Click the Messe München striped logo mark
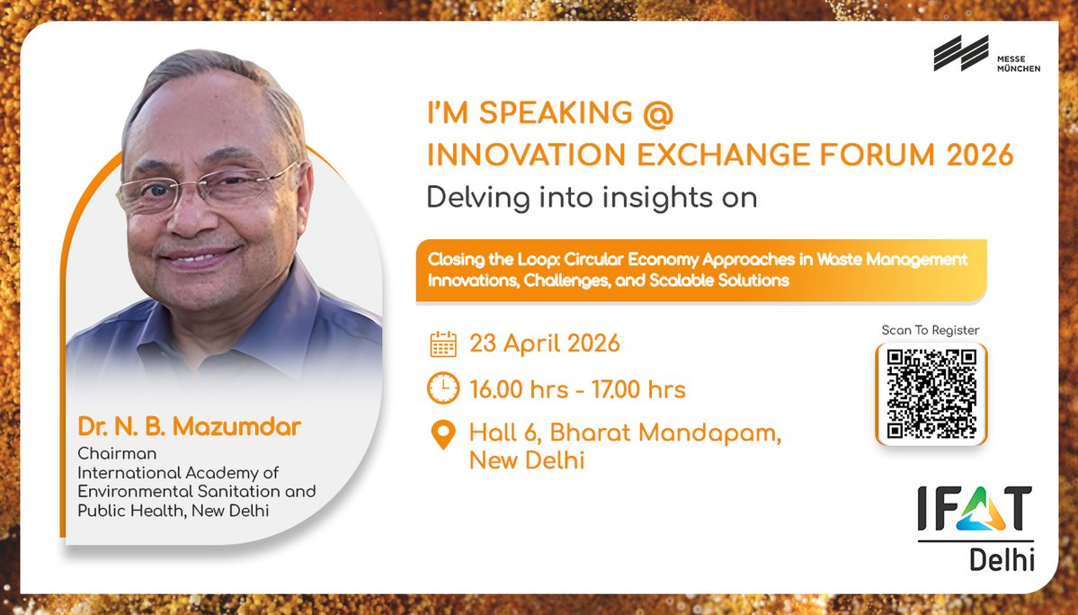[960, 53]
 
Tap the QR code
[931, 393]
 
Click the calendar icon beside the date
[443, 343]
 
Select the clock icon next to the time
[443, 388]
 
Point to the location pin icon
[443, 435]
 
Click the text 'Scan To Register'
[931, 330]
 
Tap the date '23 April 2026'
[545, 343]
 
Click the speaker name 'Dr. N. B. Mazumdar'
[188, 427]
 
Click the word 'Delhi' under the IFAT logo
[1002, 561]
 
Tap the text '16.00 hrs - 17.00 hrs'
[577, 389]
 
